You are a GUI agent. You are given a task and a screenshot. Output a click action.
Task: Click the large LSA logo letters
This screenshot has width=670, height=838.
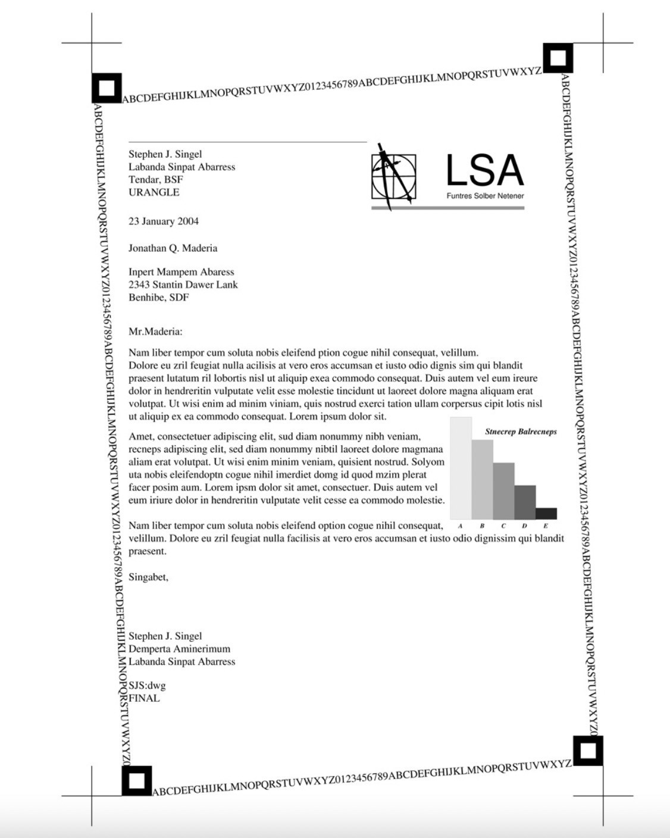point(484,170)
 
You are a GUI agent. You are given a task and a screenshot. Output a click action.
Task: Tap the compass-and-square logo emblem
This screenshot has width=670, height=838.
point(393,176)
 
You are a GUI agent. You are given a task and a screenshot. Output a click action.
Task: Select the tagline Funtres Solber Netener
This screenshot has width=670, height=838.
point(485,196)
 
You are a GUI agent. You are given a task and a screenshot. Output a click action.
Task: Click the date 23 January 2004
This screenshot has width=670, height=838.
point(164,221)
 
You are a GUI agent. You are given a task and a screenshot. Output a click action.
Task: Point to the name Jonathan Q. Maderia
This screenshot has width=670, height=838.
point(173,248)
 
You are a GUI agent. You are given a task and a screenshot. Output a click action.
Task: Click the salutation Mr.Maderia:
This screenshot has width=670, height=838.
point(155,332)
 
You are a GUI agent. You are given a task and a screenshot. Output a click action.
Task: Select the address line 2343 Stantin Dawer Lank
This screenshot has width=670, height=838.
point(183,284)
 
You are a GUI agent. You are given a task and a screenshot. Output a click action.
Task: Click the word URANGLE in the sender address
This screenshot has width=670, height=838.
point(154,192)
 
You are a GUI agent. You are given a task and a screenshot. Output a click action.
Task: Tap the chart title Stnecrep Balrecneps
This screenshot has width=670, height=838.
point(521,431)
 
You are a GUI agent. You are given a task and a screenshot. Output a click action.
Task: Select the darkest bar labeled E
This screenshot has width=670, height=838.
point(546,513)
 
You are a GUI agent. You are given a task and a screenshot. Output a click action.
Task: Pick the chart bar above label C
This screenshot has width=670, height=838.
point(503,491)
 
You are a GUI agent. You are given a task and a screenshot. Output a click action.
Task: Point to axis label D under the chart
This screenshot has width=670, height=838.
point(524,526)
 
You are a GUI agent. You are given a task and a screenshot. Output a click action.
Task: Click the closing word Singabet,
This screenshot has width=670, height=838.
point(148,577)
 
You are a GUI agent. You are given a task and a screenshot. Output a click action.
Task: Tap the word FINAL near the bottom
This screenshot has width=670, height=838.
point(144,698)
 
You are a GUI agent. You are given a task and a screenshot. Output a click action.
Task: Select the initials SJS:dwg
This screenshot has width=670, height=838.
point(147,685)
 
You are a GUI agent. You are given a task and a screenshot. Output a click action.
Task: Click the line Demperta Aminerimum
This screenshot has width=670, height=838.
point(179,649)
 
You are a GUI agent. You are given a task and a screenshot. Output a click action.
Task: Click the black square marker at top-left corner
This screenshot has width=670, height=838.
point(107,88)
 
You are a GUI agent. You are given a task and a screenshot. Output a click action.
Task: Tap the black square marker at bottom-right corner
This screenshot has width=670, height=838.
point(588,751)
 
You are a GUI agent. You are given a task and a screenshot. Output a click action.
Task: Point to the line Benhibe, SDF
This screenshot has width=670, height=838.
point(158,298)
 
